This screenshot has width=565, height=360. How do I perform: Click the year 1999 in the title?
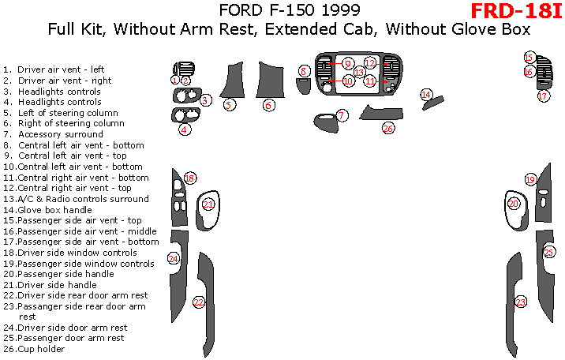click(x=343, y=11)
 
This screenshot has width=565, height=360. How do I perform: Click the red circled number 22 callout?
click(x=199, y=302)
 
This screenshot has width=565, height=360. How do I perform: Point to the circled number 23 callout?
click(x=521, y=302)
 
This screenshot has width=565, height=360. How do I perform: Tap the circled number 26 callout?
click(x=387, y=128)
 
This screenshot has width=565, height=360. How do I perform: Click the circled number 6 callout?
click(x=269, y=105)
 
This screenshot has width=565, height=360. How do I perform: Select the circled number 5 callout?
click(x=229, y=104)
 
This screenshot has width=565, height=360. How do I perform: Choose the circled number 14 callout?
click(x=426, y=95)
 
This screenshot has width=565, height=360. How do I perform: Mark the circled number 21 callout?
click(x=208, y=204)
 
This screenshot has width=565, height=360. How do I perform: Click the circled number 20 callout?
click(x=514, y=204)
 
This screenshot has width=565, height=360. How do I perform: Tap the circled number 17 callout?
click(x=543, y=96)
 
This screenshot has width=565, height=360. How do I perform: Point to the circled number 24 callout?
click(x=174, y=258)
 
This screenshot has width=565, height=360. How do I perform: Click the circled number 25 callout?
click(x=549, y=252)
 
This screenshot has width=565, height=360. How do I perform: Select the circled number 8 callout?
click(x=304, y=72)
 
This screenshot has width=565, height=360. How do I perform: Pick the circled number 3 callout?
click(x=204, y=100)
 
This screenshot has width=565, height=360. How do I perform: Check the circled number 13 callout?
click(x=359, y=73)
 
